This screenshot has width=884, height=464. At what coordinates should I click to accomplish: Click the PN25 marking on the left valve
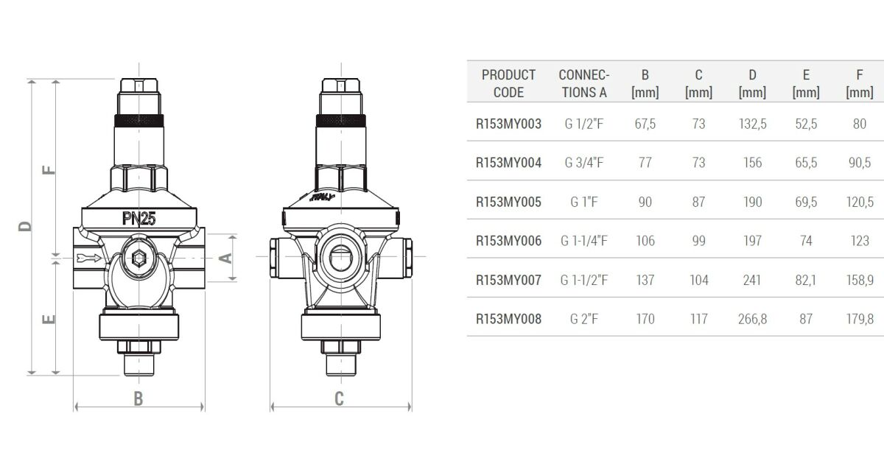coord(138,218)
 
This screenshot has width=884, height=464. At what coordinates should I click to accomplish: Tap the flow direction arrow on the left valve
coord(88,258)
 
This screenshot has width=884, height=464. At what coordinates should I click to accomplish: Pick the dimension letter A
coord(226,258)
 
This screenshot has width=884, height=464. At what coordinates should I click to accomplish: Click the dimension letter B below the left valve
coord(138,398)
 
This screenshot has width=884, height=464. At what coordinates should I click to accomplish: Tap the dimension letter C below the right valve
coord(339,398)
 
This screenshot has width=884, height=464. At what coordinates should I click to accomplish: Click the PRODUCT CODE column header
coord(508,83)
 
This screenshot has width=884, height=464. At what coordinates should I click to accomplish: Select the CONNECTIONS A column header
coord(584,83)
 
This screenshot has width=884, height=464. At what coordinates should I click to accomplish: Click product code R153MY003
coord(508,124)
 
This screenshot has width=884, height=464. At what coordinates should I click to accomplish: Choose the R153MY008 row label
coord(508,319)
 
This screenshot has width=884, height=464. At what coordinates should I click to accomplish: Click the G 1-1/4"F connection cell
coord(584,241)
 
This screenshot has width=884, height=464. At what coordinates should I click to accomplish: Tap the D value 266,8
coord(752,319)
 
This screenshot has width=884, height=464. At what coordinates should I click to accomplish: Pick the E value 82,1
coord(806,280)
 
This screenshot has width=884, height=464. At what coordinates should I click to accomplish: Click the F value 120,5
coord(860,202)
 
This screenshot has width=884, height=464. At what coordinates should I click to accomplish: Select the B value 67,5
coord(645,124)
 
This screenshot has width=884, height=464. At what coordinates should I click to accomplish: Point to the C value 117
coord(698,319)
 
